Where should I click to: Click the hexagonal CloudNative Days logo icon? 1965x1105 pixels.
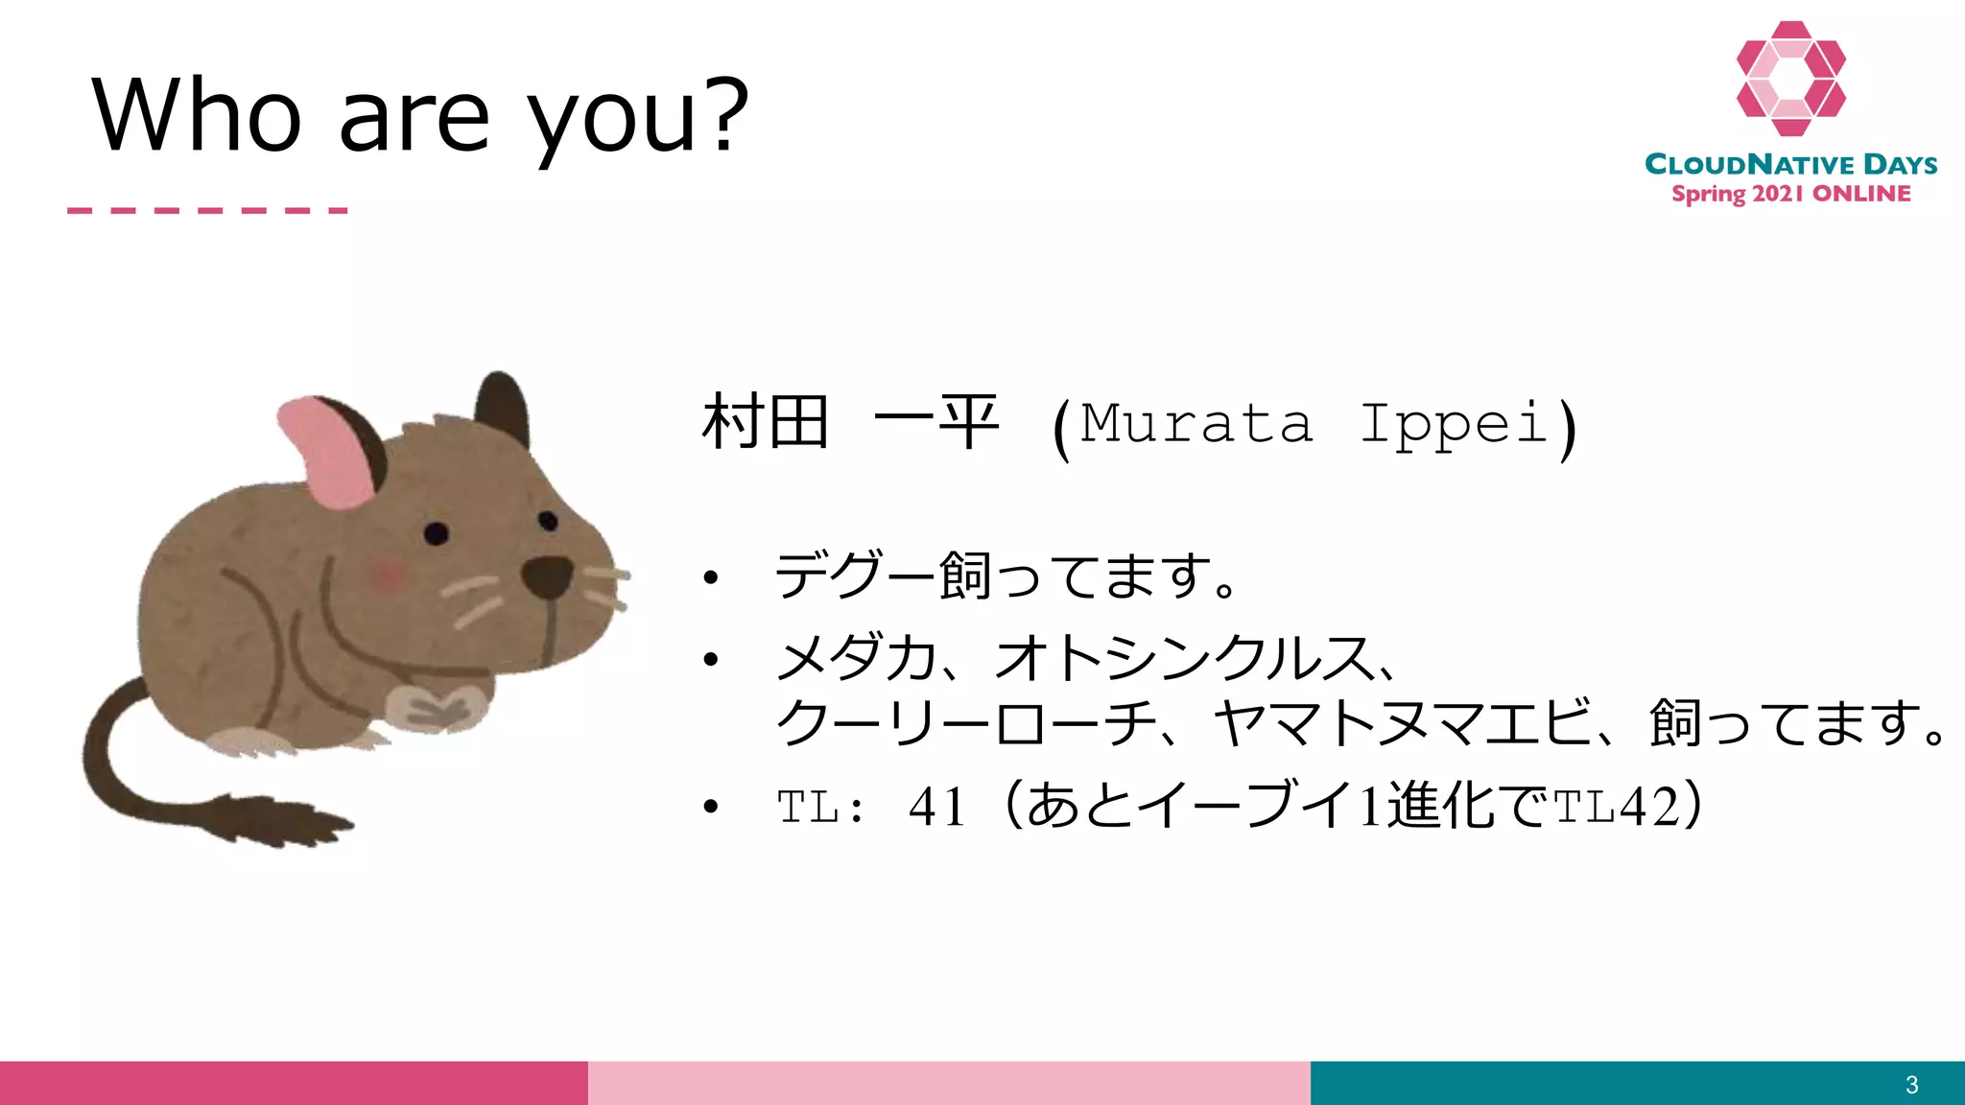click(x=1790, y=79)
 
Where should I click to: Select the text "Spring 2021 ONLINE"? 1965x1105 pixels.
click(x=1790, y=194)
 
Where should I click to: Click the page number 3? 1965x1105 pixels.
click(x=1911, y=1085)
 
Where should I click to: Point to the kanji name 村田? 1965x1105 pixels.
click(x=765, y=423)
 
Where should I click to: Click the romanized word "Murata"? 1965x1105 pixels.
click(x=1196, y=423)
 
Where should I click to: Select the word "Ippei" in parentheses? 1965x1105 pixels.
click(x=1455, y=423)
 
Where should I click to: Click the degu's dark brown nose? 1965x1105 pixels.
click(x=547, y=576)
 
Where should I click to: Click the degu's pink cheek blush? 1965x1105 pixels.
click(x=389, y=575)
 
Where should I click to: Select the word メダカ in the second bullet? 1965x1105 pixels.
click(x=856, y=659)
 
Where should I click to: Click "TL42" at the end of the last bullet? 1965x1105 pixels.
click(x=1616, y=806)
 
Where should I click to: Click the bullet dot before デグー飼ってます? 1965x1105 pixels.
click(x=710, y=577)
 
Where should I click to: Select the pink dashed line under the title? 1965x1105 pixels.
click(x=207, y=210)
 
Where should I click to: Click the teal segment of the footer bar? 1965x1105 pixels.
click(x=1631, y=1083)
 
